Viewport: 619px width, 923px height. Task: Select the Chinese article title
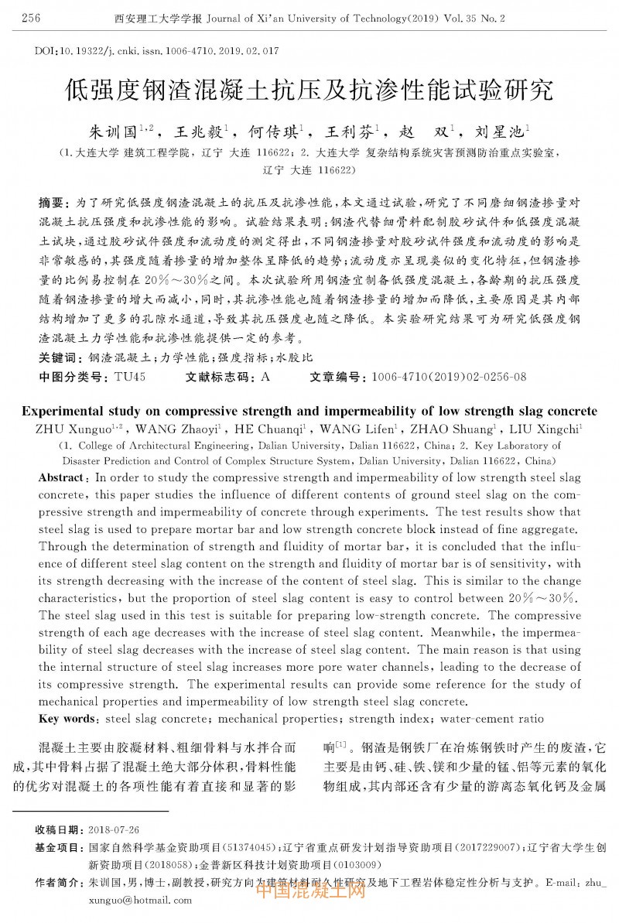[309, 91]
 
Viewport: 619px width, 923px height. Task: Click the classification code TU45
[129, 377]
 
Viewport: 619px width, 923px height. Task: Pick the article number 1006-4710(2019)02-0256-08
[449, 377]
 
